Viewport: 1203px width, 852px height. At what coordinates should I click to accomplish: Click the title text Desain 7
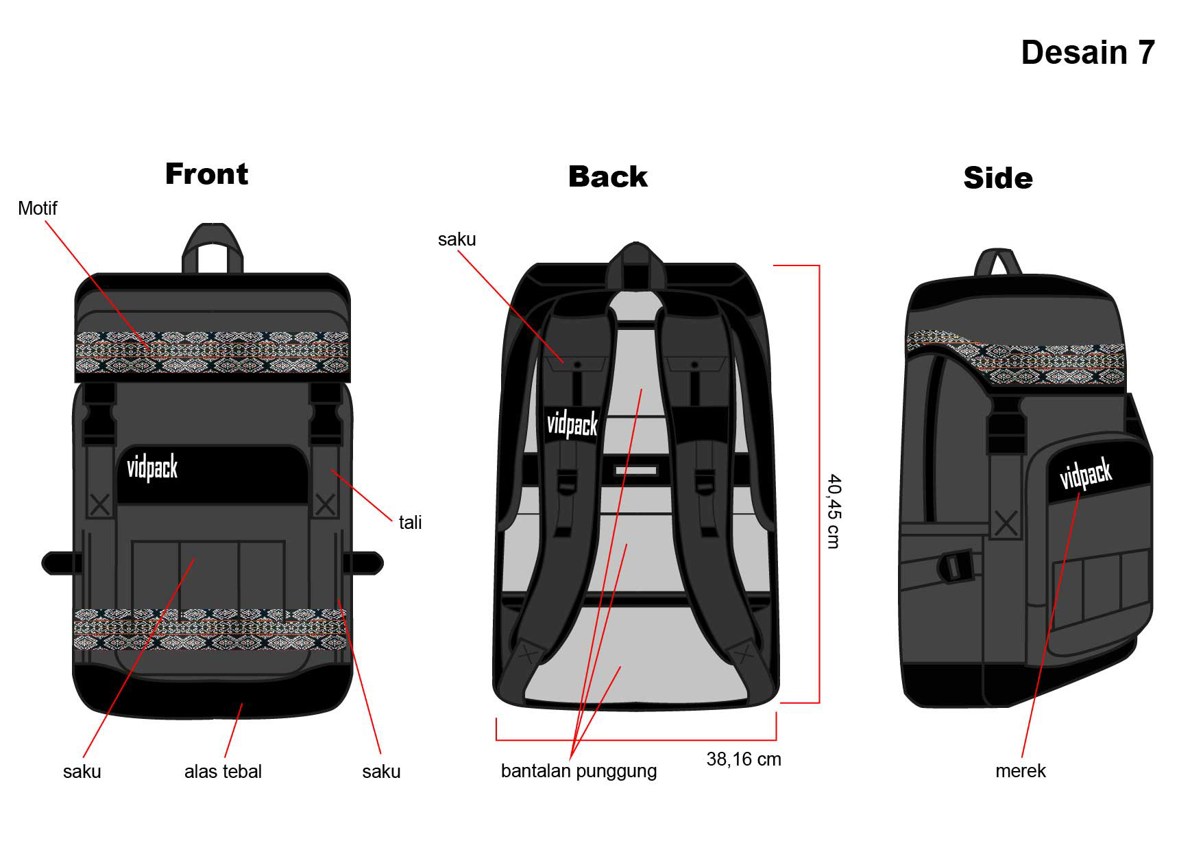(x=1087, y=53)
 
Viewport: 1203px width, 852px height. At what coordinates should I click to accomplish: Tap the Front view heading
(x=206, y=174)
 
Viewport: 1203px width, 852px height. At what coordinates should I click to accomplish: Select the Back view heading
(x=607, y=177)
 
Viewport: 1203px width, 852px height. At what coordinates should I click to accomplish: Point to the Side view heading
(x=997, y=178)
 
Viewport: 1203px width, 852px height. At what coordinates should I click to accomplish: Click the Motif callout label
(x=37, y=209)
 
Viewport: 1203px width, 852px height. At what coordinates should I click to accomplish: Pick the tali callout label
(x=410, y=523)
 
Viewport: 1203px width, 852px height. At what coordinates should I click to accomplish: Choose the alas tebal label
(x=223, y=772)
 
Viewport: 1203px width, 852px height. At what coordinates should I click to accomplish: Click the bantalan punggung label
(x=579, y=771)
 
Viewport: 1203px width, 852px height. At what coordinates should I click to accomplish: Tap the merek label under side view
(x=1020, y=771)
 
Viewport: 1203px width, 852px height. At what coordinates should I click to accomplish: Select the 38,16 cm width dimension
(x=744, y=759)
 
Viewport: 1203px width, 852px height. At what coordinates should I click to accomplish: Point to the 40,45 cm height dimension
(x=833, y=511)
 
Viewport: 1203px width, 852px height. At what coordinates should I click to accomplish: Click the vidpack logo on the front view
(x=152, y=469)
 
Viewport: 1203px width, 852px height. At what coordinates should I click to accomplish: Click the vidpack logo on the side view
(x=1086, y=475)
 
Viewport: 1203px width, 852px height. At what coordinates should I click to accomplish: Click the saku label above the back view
(x=457, y=239)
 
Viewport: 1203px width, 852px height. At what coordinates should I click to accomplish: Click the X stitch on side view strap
(x=1006, y=524)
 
